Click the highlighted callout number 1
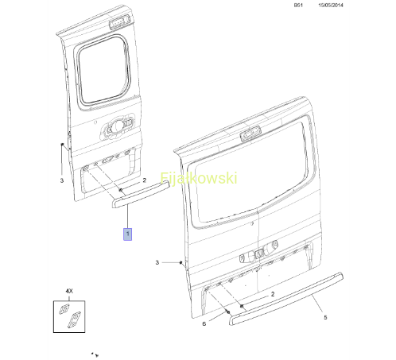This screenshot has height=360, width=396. (x=127, y=234)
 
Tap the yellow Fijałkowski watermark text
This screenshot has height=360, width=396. (x=199, y=178)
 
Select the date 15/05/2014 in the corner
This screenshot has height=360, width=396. (x=331, y=5)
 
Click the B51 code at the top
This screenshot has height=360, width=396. (x=298, y=5)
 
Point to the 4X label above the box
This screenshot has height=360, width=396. (x=69, y=291)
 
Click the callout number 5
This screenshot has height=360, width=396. (x=325, y=317)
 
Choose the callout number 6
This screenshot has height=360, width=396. (x=204, y=323)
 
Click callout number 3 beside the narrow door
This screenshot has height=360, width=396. (x=62, y=180)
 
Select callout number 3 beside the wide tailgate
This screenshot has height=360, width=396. (x=157, y=262)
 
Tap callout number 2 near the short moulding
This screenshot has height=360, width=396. (x=145, y=180)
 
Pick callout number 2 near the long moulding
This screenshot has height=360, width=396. (x=273, y=294)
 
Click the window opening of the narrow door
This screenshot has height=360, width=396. (x=103, y=69)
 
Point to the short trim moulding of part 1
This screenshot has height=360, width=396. (x=141, y=194)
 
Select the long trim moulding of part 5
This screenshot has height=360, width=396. (x=286, y=299)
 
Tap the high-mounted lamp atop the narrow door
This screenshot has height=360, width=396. (x=119, y=22)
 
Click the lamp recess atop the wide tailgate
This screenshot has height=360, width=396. (x=250, y=134)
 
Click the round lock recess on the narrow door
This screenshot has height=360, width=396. (x=117, y=128)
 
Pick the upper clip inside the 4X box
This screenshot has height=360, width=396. (x=64, y=309)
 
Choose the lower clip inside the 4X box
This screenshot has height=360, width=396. (x=73, y=320)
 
